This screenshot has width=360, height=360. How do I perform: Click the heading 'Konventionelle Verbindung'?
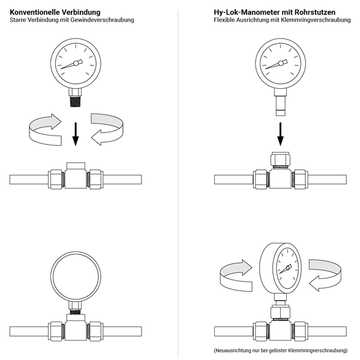pos(55,12)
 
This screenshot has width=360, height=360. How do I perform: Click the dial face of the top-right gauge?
pos(280,63)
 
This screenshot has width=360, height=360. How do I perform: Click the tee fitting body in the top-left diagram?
pos(76,178)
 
